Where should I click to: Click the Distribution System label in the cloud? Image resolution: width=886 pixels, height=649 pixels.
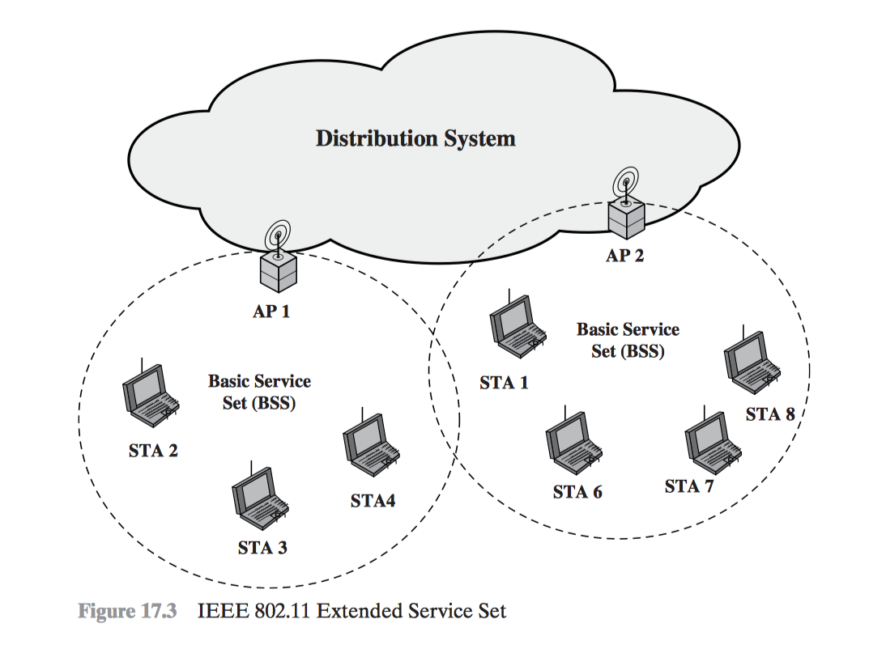pyautogui.click(x=415, y=138)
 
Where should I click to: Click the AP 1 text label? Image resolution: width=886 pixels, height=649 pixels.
pyautogui.click(x=271, y=311)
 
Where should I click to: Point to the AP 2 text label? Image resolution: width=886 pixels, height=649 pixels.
pyautogui.click(x=625, y=257)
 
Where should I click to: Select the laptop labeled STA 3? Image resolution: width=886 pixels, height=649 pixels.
pyautogui.click(x=258, y=496)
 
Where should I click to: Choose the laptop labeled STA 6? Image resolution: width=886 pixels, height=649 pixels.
pyautogui.click(x=572, y=443)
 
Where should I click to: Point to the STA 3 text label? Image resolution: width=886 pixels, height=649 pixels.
pyautogui.click(x=262, y=548)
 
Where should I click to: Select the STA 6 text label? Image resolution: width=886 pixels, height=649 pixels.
pyautogui.click(x=577, y=492)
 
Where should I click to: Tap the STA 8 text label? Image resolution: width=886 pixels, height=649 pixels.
pyautogui.click(x=770, y=414)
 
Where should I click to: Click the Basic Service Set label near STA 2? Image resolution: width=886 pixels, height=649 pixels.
pyautogui.click(x=259, y=392)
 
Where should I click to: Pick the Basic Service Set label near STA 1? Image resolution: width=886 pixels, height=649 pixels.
pyautogui.click(x=628, y=341)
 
